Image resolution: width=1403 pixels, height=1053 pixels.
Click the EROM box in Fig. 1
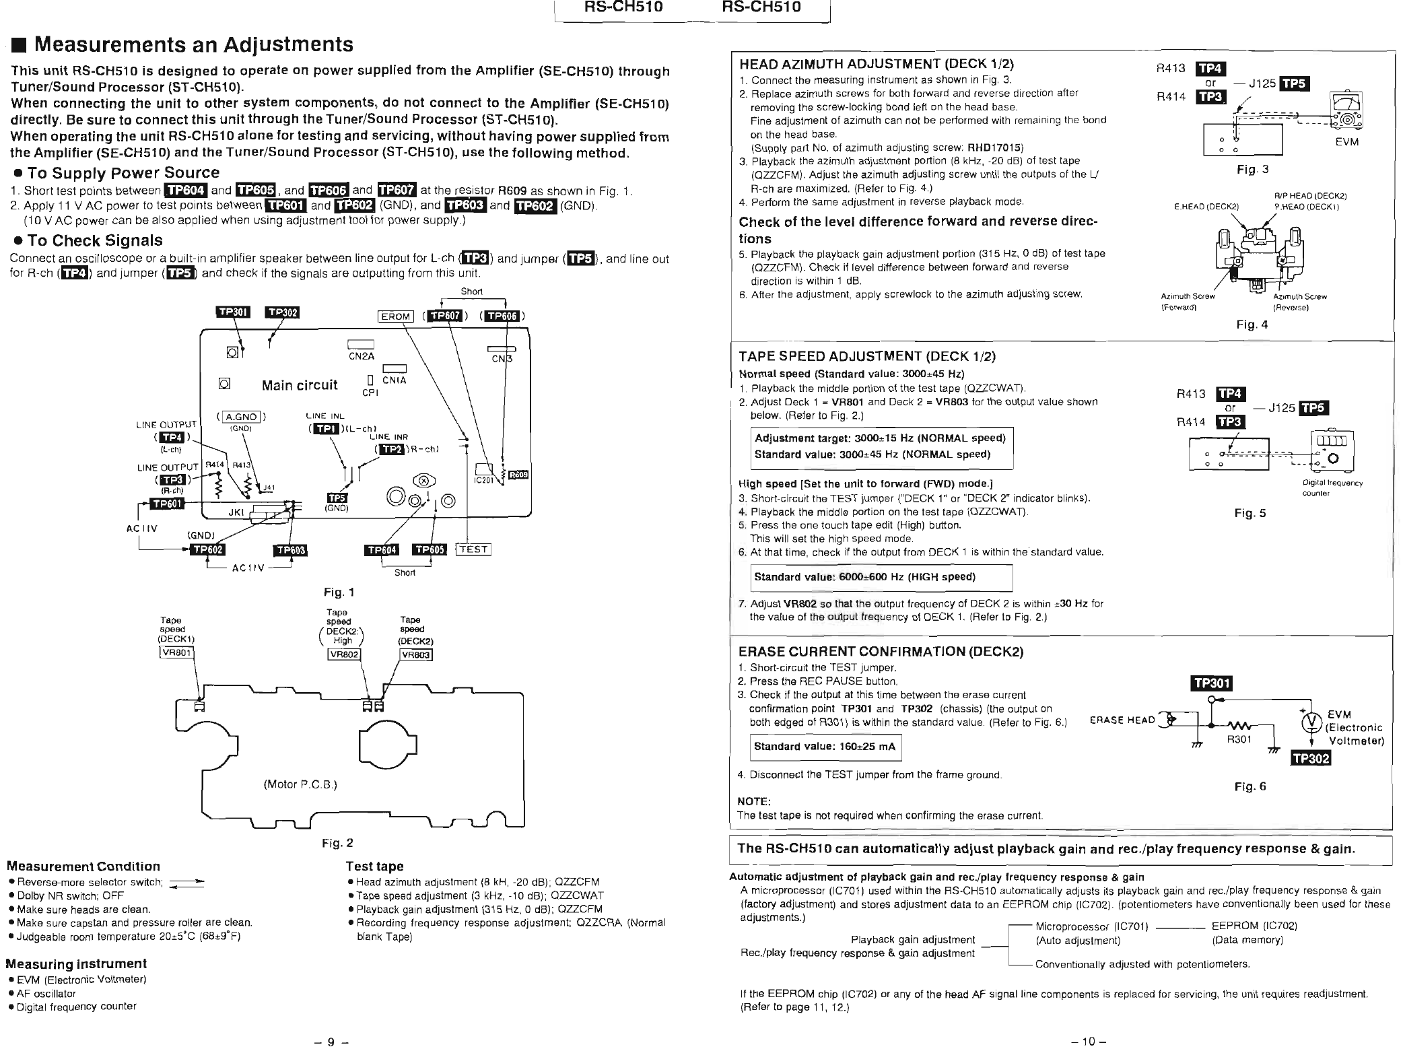[395, 316]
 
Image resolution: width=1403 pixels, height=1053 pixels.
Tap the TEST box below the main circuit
[473, 549]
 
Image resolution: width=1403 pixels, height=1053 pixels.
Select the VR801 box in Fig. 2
[176, 652]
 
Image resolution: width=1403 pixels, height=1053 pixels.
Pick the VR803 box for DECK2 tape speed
[416, 655]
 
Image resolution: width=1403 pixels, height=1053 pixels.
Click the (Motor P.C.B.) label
[300, 784]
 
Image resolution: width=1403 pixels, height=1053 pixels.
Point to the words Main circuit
[300, 385]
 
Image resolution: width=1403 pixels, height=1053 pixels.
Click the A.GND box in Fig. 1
[241, 417]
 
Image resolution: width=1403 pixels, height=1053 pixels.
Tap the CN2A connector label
[362, 357]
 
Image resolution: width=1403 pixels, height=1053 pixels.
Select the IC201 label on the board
[484, 480]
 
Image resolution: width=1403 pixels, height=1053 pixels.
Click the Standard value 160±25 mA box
[825, 747]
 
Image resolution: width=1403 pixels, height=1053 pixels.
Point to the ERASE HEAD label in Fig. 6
[1122, 720]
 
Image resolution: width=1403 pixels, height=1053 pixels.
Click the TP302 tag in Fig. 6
[1310, 759]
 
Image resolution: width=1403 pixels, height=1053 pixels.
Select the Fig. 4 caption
[1252, 325]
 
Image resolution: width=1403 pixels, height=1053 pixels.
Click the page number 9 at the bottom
[331, 1042]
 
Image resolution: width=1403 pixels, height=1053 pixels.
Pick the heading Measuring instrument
[76, 963]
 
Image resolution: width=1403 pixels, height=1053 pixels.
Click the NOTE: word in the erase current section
[754, 801]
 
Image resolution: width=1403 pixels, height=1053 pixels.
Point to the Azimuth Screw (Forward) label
[1188, 302]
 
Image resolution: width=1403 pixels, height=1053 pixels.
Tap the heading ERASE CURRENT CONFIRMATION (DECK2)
[881, 652]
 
